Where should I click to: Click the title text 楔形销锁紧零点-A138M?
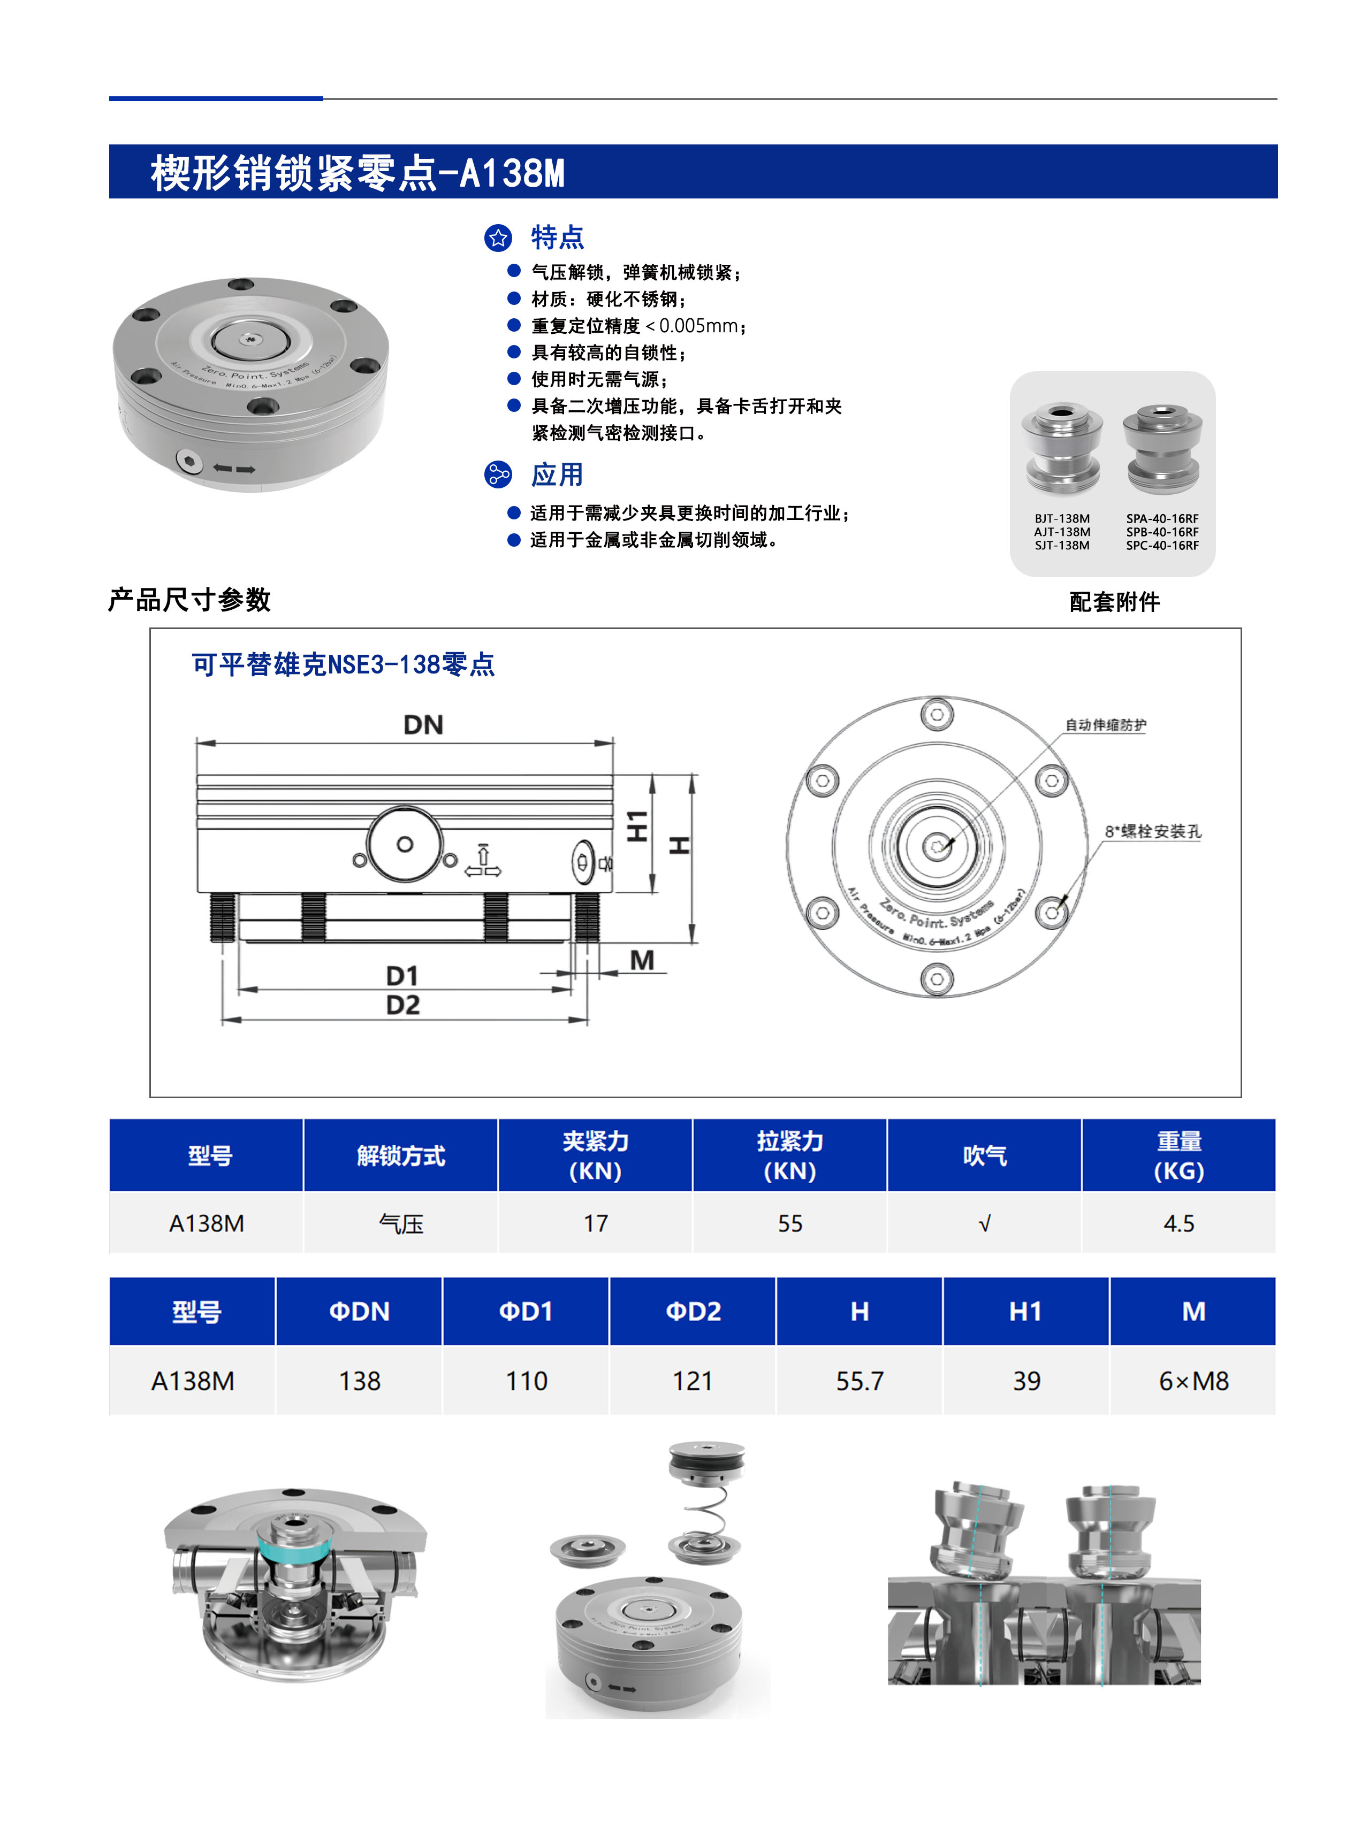(x=357, y=173)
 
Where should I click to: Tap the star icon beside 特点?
(x=498, y=238)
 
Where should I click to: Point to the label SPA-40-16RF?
(x=1162, y=519)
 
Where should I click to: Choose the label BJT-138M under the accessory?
(x=1062, y=519)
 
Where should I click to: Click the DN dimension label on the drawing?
(x=423, y=725)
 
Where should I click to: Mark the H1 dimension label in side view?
(x=637, y=826)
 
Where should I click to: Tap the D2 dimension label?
(x=402, y=1006)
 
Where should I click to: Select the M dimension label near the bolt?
(x=642, y=960)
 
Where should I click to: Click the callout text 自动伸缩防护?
(x=1105, y=725)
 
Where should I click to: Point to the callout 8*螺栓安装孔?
(x=1152, y=831)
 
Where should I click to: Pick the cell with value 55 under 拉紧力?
(x=789, y=1223)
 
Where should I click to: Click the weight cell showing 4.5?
(x=1178, y=1223)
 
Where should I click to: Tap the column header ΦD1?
(x=526, y=1311)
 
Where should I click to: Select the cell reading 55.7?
(x=860, y=1381)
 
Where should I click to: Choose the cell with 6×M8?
(x=1193, y=1381)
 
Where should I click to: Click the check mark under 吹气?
(x=984, y=1223)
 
